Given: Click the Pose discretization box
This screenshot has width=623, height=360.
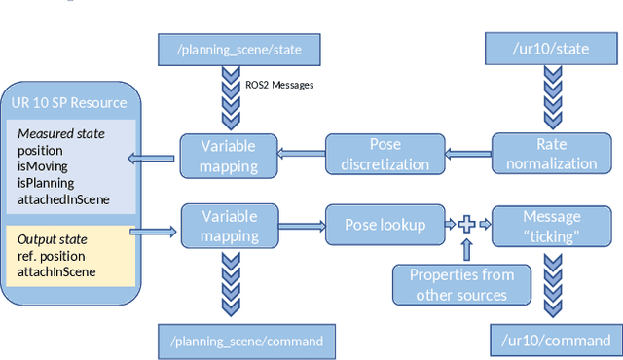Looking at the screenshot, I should click(376, 154).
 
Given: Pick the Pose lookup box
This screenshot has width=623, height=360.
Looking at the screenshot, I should click(385, 225).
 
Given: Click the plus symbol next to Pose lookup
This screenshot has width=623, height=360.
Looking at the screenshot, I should click(466, 225).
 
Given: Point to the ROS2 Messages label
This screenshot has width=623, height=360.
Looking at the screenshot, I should click(279, 85).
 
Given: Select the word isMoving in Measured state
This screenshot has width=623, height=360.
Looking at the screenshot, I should click(41, 166).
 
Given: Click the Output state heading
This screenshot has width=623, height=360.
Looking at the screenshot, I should click(53, 239).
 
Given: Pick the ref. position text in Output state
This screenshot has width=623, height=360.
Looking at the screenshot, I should click(55, 256).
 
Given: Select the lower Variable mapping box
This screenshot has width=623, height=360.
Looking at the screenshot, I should click(229, 225).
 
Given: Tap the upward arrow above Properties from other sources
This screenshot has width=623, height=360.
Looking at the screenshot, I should click(466, 251).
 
